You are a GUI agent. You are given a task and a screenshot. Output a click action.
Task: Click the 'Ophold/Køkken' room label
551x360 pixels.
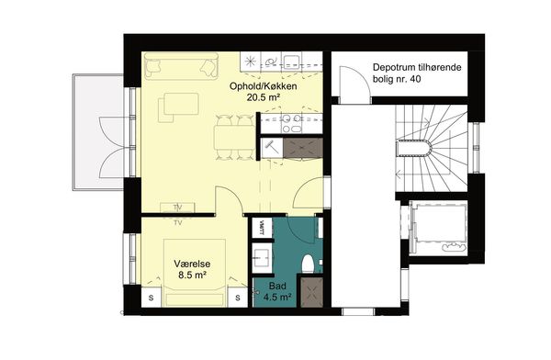[x=263, y=86]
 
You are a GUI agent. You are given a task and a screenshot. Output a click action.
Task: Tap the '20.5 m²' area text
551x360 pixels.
[x=264, y=97]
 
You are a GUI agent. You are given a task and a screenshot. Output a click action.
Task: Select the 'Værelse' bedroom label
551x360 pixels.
[x=192, y=264]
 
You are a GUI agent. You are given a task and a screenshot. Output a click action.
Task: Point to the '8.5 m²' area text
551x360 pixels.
[x=192, y=275]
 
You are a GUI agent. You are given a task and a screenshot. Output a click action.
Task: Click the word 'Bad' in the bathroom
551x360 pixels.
[x=277, y=286]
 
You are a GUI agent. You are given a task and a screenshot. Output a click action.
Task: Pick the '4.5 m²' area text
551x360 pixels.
[x=277, y=297]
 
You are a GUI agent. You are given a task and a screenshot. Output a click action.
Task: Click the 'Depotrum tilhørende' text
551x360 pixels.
[x=417, y=67]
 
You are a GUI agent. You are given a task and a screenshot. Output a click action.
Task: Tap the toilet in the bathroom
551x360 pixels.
[x=309, y=264]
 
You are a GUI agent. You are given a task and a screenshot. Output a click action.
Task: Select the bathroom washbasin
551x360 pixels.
[x=262, y=258]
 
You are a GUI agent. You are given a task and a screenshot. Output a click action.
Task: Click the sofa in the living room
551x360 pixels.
[x=181, y=66]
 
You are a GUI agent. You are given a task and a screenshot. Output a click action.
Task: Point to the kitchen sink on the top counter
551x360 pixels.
[x=292, y=62]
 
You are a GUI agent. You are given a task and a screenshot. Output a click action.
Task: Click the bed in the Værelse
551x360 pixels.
[x=195, y=273]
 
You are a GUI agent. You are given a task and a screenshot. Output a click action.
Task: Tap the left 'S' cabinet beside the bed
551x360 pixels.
[x=152, y=298]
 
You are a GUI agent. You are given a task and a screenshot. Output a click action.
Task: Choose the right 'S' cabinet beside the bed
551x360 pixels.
[x=238, y=298]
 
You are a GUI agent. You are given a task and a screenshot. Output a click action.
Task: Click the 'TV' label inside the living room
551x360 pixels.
[x=178, y=208]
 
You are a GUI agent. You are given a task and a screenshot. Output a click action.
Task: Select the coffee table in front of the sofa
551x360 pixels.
[x=181, y=104]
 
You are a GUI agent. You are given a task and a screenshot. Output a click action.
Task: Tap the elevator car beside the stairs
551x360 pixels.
[x=439, y=228]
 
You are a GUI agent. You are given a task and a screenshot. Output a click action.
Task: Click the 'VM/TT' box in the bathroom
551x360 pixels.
[x=262, y=228]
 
